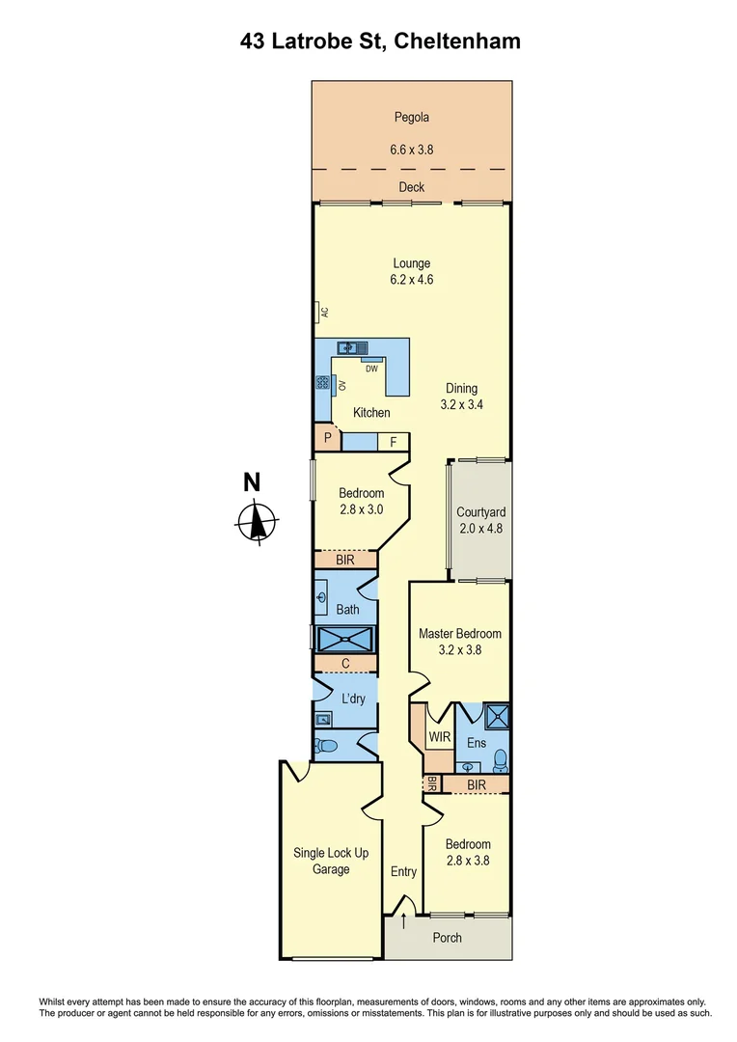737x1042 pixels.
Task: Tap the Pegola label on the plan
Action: [411, 118]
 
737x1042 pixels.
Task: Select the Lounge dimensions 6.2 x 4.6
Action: [411, 280]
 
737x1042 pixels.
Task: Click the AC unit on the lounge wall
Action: [319, 313]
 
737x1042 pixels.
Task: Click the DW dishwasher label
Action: [370, 368]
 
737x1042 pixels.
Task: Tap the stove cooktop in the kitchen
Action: [322, 384]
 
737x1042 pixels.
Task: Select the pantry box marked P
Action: [328, 439]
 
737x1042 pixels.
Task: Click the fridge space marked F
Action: [393, 442]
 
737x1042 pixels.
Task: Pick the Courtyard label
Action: [480, 512]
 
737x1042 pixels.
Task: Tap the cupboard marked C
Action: [344, 664]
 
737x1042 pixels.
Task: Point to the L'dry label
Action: [354, 699]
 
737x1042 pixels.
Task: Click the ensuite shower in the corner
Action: [498, 715]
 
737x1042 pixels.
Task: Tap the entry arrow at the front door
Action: [403, 921]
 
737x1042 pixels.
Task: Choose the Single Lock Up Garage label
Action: [322, 861]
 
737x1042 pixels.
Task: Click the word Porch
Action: [447, 938]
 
